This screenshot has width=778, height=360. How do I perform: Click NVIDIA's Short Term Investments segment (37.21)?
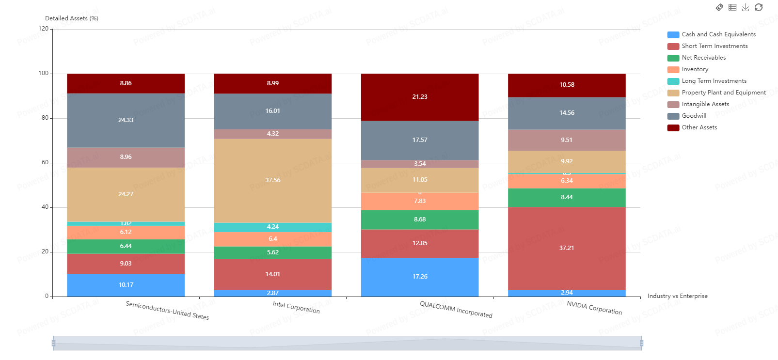(x=567, y=248)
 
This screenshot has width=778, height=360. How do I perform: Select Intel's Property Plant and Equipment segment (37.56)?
(x=272, y=180)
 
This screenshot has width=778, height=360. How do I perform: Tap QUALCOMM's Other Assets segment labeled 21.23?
(x=419, y=97)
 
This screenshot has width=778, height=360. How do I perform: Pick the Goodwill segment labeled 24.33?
(x=126, y=120)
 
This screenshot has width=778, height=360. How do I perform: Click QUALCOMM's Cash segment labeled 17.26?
(x=419, y=277)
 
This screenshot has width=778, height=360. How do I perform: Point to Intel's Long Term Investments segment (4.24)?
(x=272, y=227)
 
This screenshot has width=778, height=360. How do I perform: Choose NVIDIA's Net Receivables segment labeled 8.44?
(x=567, y=197)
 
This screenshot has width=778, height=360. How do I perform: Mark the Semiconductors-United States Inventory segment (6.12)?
(x=126, y=232)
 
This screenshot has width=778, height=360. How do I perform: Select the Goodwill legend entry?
(x=694, y=116)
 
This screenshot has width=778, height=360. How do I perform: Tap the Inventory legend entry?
(x=695, y=69)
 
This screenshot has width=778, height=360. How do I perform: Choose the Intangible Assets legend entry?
(x=705, y=104)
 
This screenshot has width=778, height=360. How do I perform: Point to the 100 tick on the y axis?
(x=44, y=74)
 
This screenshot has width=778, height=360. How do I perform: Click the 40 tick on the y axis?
(x=45, y=207)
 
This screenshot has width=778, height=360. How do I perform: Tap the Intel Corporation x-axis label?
(x=296, y=307)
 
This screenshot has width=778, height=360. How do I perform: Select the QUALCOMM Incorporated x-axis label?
(x=456, y=310)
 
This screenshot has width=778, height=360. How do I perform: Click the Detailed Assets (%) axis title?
(x=72, y=18)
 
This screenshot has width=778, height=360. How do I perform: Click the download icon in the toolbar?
(x=746, y=7)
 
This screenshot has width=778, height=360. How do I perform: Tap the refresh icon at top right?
(x=759, y=7)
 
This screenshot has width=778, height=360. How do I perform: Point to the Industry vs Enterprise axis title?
(x=677, y=296)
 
